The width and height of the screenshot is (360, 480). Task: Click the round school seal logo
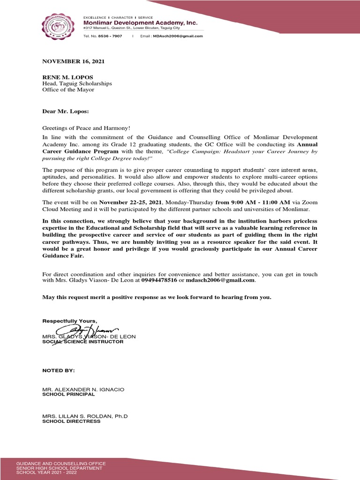click(59, 27)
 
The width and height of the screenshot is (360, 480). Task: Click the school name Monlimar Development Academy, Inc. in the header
click(140, 22)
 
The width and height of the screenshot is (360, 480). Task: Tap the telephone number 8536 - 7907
click(110, 36)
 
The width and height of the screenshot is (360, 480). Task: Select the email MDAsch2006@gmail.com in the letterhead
click(178, 36)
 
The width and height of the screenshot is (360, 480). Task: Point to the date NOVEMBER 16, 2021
click(74, 61)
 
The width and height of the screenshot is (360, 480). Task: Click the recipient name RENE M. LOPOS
click(67, 77)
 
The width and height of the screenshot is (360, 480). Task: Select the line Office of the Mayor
click(68, 90)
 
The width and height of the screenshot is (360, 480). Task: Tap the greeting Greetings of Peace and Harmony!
click(85, 128)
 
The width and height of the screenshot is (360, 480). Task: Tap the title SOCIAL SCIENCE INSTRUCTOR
click(83, 342)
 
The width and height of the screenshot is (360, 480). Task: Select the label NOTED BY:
click(59, 370)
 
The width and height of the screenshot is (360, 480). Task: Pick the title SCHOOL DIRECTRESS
click(71, 421)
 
